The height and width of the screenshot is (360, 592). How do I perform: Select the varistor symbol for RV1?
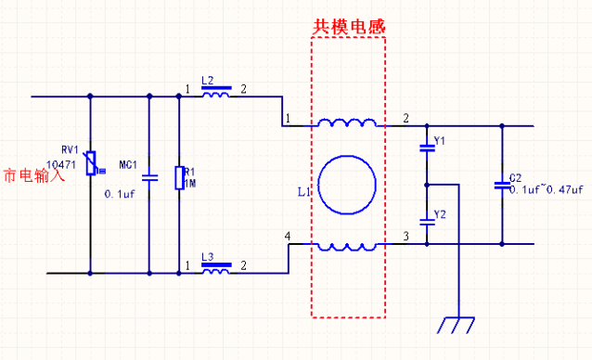(90, 164)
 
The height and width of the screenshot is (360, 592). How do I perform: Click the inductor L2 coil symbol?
(216, 94)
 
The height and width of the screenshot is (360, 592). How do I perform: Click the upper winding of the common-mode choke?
(347, 122)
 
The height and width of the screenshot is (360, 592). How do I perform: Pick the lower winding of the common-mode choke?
(347, 246)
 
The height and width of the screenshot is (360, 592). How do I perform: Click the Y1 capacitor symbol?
(426, 147)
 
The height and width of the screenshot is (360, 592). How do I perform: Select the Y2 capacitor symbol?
(426, 220)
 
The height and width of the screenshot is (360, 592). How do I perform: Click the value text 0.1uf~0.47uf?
(546, 189)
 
